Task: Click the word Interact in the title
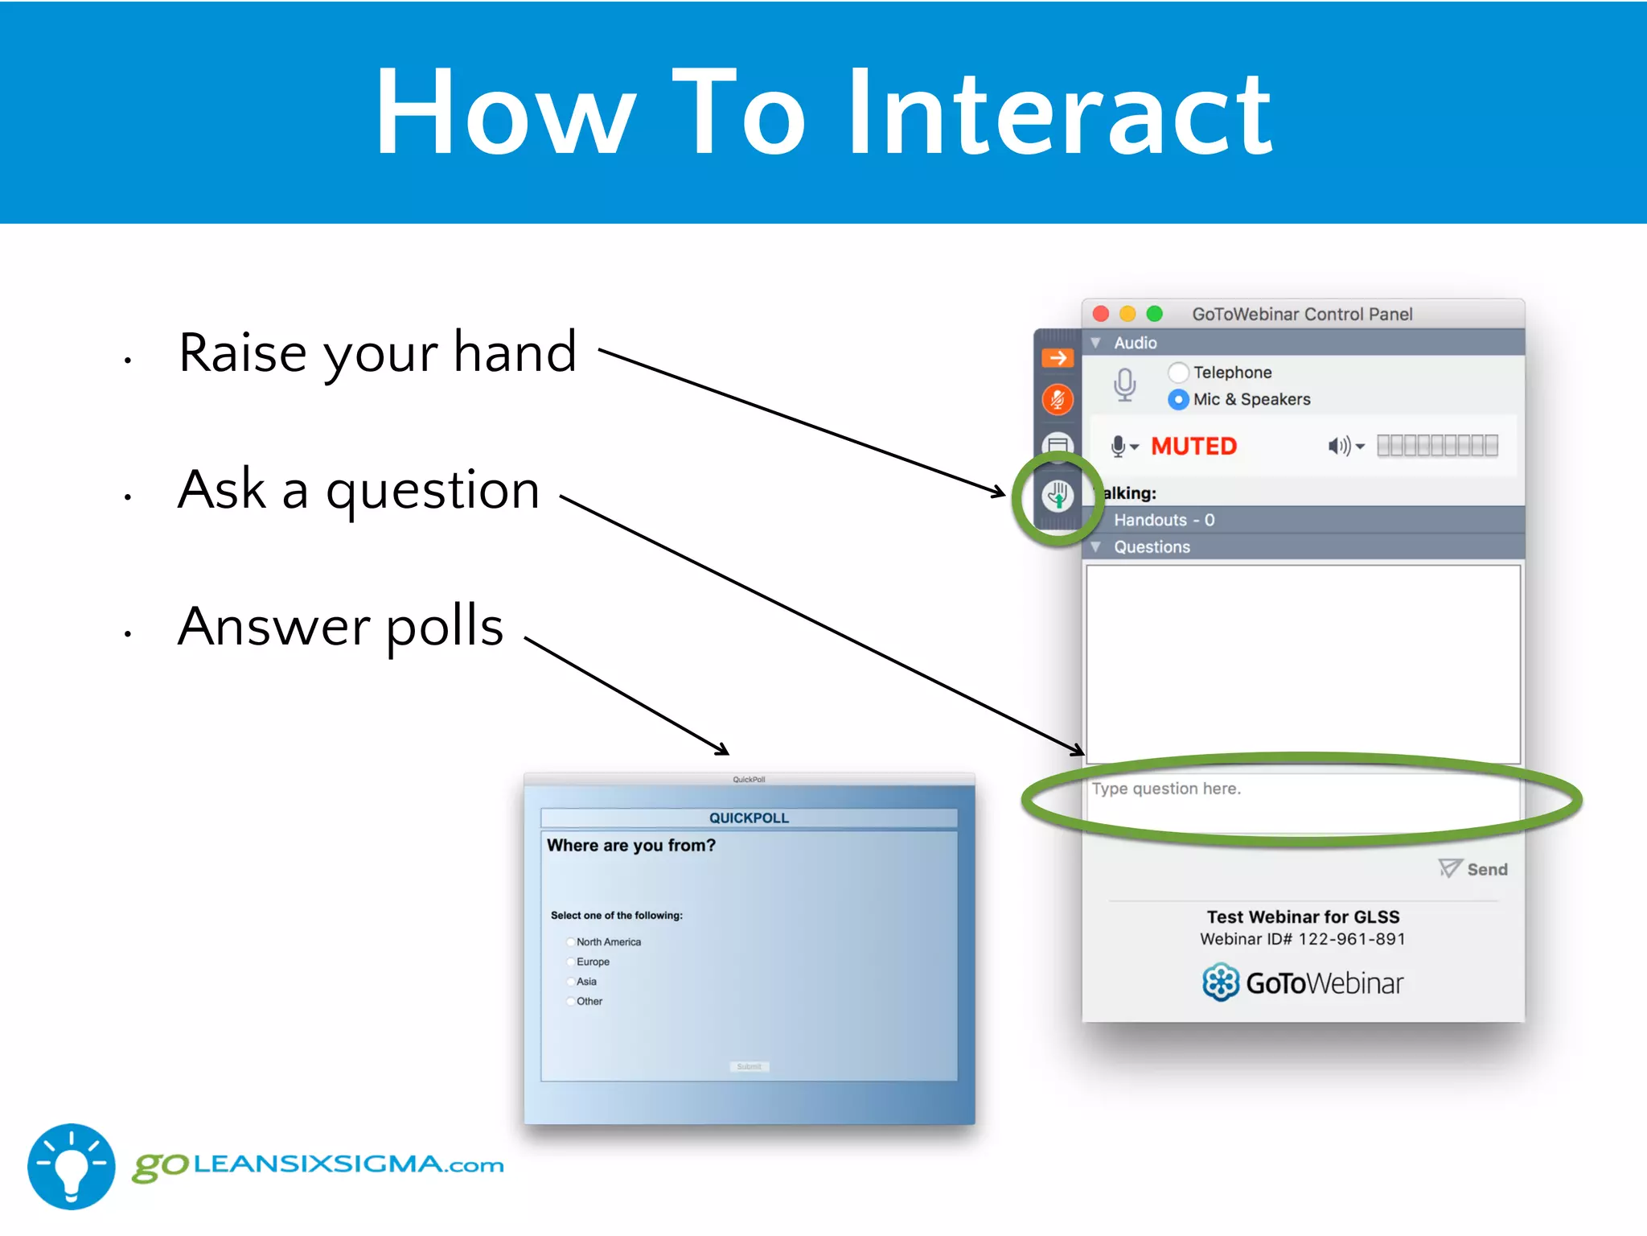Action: (1060, 113)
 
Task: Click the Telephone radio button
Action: (1178, 373)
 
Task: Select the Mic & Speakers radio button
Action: (1178, 399)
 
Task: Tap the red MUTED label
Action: (1193, 446)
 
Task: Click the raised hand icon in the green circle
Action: (1058, 496)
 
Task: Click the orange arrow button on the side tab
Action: (1058, 358)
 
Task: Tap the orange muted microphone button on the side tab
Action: (1058, 400)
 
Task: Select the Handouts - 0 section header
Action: (1164, 520)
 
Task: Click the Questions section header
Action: (1152, 547)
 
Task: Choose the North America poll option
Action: (570, 942)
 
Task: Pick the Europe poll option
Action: (570, 962)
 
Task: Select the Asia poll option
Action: (570, 982)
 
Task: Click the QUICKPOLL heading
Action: (749, 818)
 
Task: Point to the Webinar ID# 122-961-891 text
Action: (1303, 939)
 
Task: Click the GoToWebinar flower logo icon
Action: (1220, 983)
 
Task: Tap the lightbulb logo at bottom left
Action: (72, 1166)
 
